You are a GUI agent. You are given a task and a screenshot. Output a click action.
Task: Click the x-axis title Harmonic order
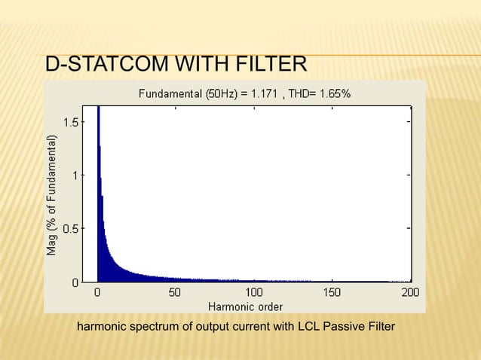(x=244, y=306)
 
